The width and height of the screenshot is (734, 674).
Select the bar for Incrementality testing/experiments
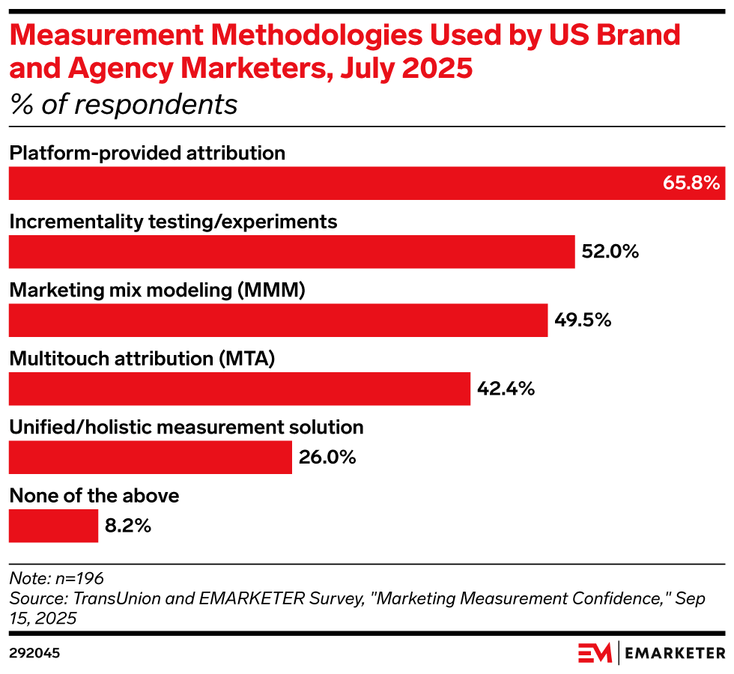click(x=291, y=252)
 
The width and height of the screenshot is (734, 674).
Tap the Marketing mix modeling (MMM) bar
click(x=278, y=321)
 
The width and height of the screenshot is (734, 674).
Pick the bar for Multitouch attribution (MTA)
click(x=239, y=389)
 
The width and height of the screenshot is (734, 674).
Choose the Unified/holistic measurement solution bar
click(x=150, y=457)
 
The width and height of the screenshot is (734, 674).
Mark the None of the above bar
click(x=53, y=526)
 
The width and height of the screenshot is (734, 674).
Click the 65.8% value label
click(x=691, y=183)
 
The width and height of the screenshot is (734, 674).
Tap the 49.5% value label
click(x=583, y=321)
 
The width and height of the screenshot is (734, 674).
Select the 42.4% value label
click(x=506, y=389)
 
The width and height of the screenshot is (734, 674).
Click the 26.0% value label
click(x=327, y=457)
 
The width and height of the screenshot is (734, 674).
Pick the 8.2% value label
click(x=128, y=526)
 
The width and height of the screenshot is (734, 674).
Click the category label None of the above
click(x=94, y=496)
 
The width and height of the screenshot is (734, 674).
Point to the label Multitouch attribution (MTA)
click(x=142, y=359)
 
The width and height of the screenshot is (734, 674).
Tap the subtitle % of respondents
click(x=123, y=105)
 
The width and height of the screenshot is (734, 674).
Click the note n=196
click(x=56, y=578)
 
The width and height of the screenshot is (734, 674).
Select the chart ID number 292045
click(x=34, y=653)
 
